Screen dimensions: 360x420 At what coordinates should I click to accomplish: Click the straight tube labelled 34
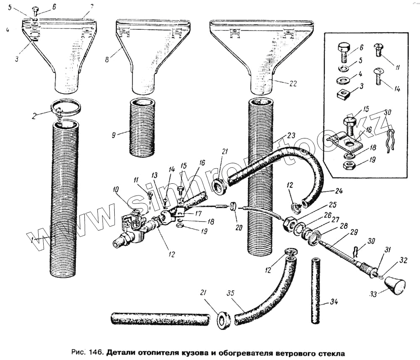coord(316,290)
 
